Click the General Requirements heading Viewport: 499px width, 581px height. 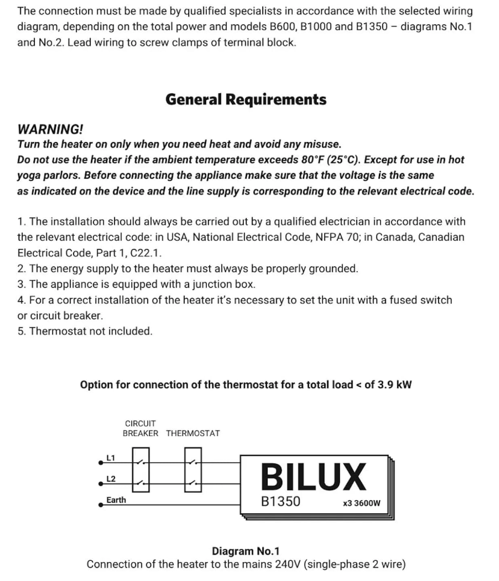pyautogui.click(x=246, y=99)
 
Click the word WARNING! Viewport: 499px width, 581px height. pyautogui.click(x=50, y=129)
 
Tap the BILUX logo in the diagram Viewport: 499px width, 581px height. pyautogui.click(x=313, y=477)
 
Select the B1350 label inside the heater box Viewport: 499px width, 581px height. pyautogui.click(x=281, y=501)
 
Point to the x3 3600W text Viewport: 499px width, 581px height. pyautogui.click(x=361, y=503)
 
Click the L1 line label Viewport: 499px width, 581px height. pyautogui.click(x=110, y=458)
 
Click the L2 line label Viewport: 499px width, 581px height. pyautogui.click(x=111, y=479)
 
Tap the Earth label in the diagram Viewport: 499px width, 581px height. pyautogui.click(x=116, y=500)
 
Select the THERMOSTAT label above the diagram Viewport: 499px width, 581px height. pyautogui.click(x=193, y=433)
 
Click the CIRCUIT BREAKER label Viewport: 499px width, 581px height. pyautogui.click(x=140, y=428)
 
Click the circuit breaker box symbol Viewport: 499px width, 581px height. pyautogui.click(x=141, y=470)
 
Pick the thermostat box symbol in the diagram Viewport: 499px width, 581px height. pyautogui.click(x=193, y=470)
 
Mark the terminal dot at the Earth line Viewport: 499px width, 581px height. pyautogui.click(x=101, y=505)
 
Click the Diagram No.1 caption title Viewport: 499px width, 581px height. pyautogui.click(x=246, y=551)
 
